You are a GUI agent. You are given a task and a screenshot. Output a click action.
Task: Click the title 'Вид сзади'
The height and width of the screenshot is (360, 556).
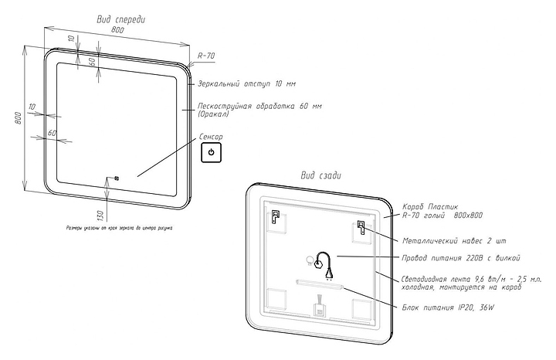(x=321, y=175)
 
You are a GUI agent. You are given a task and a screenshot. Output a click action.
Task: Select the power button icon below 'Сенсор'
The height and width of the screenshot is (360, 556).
(x=212, y=154)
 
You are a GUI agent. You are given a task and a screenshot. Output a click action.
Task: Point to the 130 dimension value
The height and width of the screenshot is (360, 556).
(x=100, y=213)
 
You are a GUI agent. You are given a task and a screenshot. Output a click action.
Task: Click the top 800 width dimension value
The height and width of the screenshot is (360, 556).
(x=117, y=29)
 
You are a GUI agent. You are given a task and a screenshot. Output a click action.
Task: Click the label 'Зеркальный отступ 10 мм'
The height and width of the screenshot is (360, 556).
(x=246, y=83)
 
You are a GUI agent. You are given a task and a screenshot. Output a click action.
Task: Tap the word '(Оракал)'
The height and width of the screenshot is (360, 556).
(x=214, y=114)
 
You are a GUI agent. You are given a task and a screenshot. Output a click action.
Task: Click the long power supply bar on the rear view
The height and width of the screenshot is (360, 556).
(x=320, y=284)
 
